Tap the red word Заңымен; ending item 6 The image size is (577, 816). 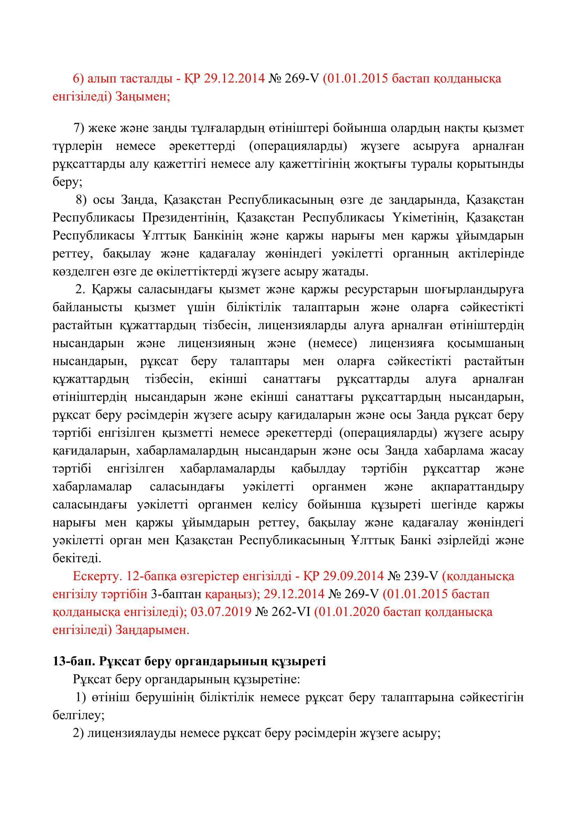click(x=143, y=97)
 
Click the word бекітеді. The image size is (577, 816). click(x=77, y=558)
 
